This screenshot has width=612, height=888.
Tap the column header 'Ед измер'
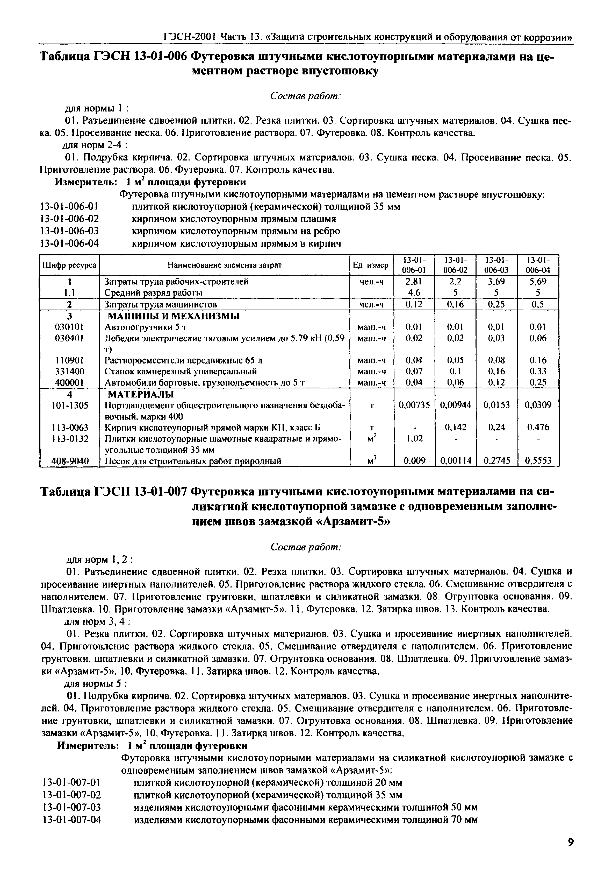click(371, 265)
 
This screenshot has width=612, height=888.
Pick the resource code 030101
click(69, 327)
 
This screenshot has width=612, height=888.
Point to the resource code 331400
click(69, 372)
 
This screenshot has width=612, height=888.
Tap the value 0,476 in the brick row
click(538, 427)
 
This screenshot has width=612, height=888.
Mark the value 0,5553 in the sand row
click(538, 461)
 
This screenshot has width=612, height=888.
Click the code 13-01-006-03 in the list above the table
click(69, 232)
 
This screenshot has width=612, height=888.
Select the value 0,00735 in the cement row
click(414, 405)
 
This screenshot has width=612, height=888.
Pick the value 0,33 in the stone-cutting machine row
click(538, 372)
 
